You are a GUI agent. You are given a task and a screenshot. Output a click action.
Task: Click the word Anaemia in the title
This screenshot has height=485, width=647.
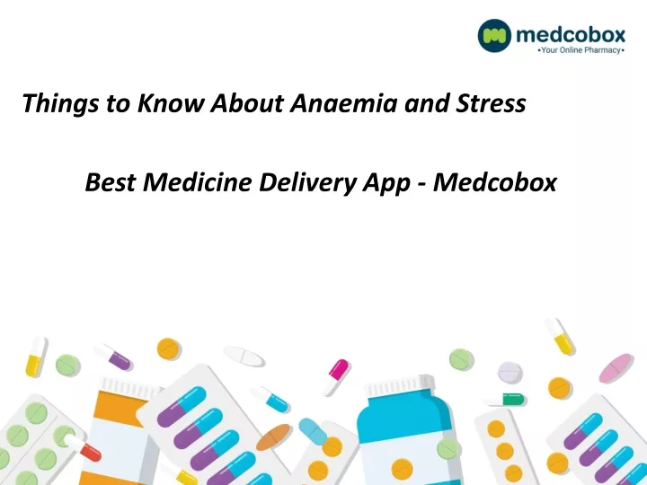[x=343, y=103]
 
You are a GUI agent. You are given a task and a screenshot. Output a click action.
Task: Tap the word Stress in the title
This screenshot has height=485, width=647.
[x=491, y=103]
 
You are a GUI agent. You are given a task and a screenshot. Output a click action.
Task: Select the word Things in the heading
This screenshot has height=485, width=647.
[x=60, y=104]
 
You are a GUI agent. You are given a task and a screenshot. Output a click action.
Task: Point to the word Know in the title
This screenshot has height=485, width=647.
[x=171, y=103]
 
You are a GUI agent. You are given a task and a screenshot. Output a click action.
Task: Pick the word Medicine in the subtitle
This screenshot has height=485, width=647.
[x=197, y=181]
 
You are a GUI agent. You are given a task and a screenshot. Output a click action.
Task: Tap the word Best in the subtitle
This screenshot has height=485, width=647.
[x=111, y=181]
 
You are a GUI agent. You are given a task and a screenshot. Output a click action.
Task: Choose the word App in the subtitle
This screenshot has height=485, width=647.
[x=386, y=183]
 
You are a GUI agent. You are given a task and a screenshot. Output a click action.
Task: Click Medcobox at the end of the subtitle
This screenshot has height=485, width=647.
[x=495, y=181]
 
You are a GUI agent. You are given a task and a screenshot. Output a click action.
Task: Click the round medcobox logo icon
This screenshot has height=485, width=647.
[x=494, y=35]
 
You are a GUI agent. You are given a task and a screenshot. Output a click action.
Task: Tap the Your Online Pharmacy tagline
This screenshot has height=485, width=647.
[x=581, y=50]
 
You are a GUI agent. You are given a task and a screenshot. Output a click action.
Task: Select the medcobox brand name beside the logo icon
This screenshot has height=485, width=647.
[x=571, y=35]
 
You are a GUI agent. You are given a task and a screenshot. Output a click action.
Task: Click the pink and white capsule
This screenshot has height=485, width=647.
[x=336, y=377]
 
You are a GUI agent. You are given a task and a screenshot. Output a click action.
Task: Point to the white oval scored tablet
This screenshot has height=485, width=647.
[x=244, y=357]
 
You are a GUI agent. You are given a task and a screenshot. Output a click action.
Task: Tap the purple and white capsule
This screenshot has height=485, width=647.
[x=113, y=357]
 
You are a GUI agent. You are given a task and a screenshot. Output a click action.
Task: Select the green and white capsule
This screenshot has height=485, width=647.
[x=506, y=400]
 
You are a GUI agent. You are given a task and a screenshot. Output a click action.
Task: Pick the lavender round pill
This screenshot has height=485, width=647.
[x=510, y=372]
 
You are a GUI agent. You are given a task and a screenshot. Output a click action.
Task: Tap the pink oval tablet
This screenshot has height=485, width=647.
[x=616, y=368]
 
